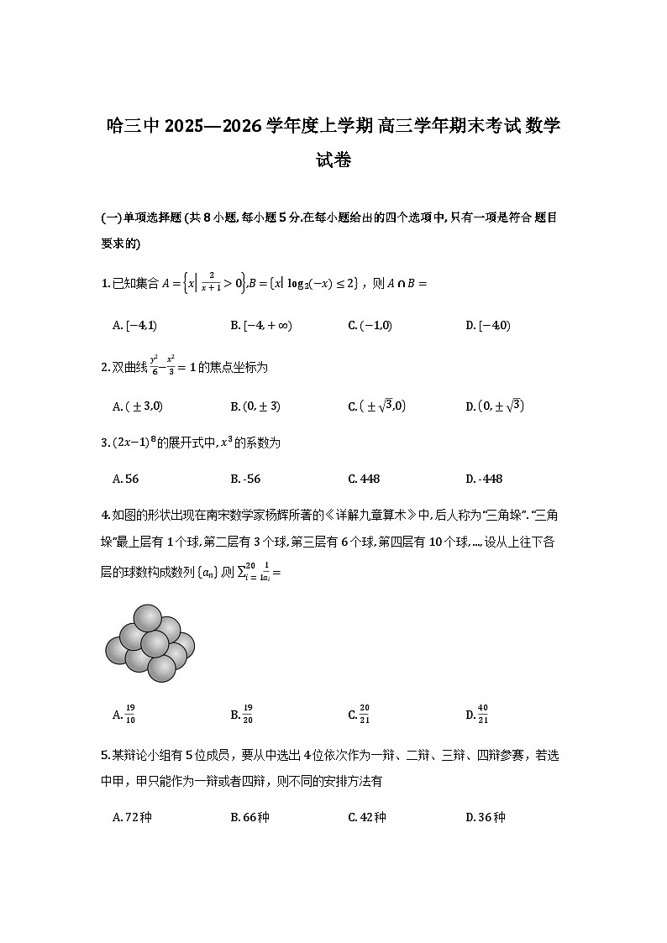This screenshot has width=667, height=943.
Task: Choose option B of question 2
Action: (255, 406)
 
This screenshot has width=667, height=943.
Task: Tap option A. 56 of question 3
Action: (125, 479)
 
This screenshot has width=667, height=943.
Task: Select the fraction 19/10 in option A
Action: (130, 715)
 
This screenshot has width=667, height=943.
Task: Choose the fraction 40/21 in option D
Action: (482, 715)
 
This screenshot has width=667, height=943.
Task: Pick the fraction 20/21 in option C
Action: (365, 715)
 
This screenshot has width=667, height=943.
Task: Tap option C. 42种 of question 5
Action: (367, 817)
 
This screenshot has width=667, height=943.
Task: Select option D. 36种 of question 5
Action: (485, 817)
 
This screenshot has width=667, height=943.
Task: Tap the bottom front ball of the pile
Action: (161, 668)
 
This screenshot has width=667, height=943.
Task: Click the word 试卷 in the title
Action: (333, 160)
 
